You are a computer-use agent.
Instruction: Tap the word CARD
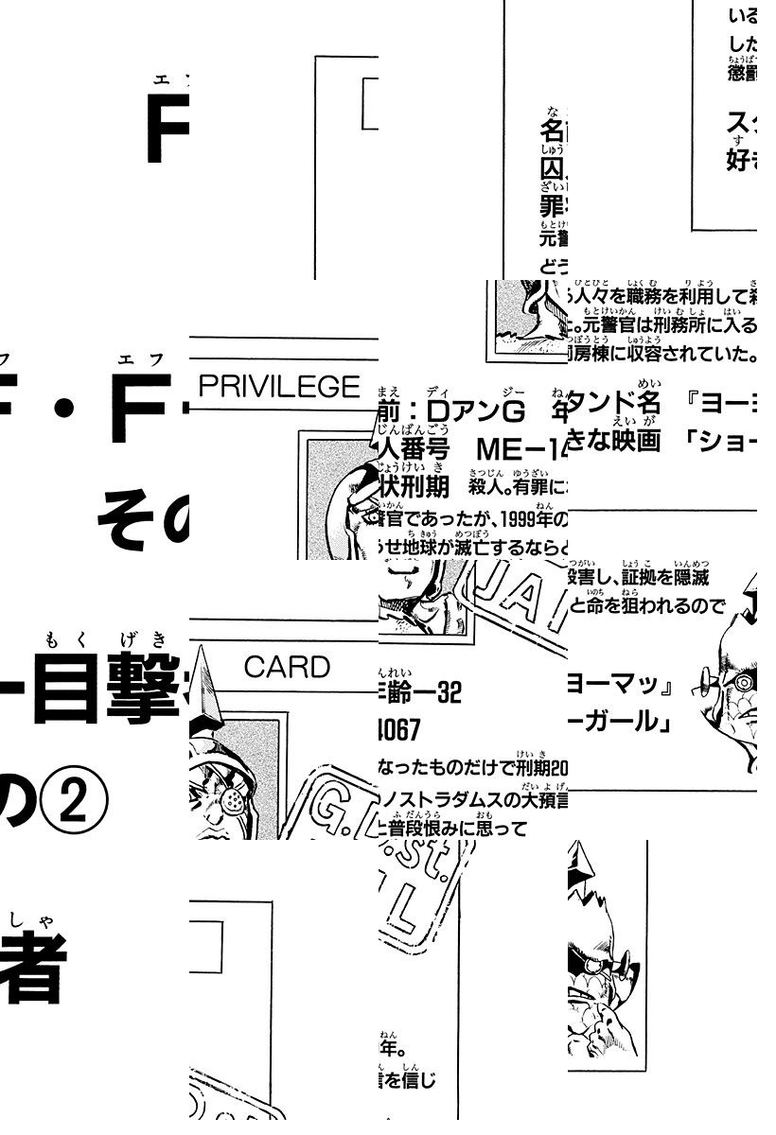[287, 667]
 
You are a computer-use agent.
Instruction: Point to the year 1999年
[538, 520]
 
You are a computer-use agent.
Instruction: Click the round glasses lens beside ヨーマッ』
[744, 680]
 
